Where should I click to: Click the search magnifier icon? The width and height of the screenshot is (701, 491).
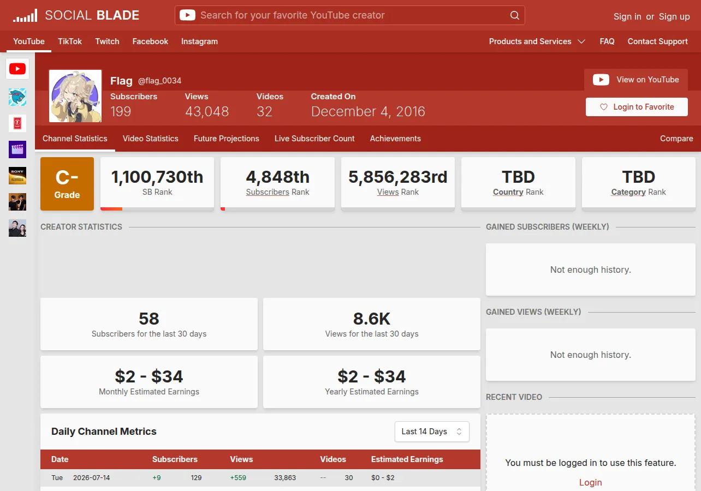click(514, 15)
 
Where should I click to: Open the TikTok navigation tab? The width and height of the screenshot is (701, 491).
click(70, 41)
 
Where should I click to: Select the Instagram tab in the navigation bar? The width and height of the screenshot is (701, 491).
click(199, 41)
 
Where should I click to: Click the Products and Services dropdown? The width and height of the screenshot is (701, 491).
click(537, 41)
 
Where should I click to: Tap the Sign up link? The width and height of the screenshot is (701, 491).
click(674, 16)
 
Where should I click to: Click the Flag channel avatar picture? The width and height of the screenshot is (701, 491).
click(75, 96)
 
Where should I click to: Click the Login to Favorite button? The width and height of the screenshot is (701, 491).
click(637, 107)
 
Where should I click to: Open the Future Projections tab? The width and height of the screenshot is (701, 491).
click(226, 139)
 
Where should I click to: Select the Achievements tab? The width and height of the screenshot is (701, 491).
click(395, 139)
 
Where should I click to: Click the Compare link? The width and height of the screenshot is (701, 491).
click(676, 139)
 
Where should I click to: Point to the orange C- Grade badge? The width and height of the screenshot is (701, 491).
click(67, 184)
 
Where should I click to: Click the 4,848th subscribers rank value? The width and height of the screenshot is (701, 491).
click(277, 177)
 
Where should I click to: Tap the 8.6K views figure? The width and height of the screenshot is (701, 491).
click(372, 319)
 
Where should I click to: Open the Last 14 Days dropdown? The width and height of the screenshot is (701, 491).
click(432, 432)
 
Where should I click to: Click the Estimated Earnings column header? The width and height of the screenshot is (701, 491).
click(407, 459)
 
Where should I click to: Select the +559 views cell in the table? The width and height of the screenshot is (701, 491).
click(238, 477)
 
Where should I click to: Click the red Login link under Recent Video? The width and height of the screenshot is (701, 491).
click(590, 482)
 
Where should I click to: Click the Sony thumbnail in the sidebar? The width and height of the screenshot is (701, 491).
click(17, 176)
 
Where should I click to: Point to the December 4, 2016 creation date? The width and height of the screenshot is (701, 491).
click(368, 112)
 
